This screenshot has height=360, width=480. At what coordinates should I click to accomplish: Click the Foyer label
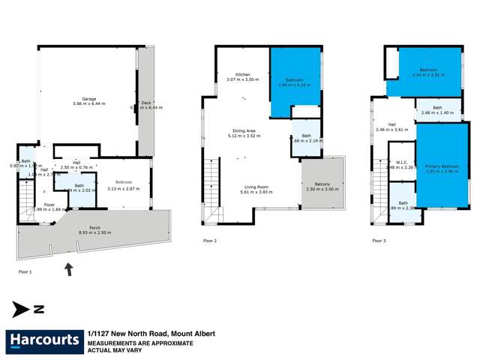(x=49, y=203)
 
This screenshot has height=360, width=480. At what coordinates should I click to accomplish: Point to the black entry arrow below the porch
(x=69, y=268)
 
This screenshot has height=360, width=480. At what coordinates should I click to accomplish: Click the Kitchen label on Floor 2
(x=243, y=75)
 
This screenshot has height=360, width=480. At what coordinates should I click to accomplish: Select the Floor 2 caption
(x=210, y=241)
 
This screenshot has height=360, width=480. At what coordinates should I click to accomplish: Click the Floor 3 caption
(x=379, y=241)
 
